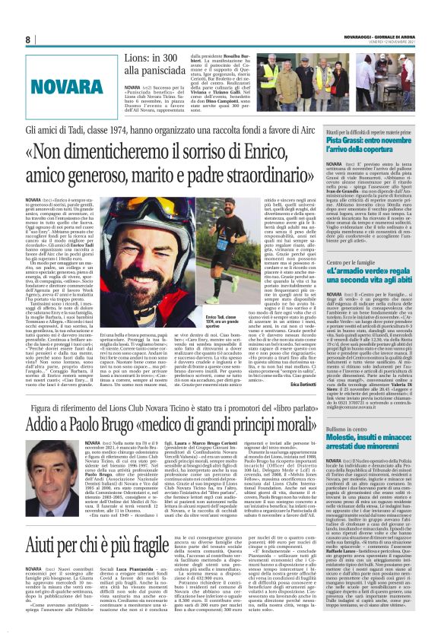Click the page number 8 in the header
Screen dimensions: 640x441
coord(28,40)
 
